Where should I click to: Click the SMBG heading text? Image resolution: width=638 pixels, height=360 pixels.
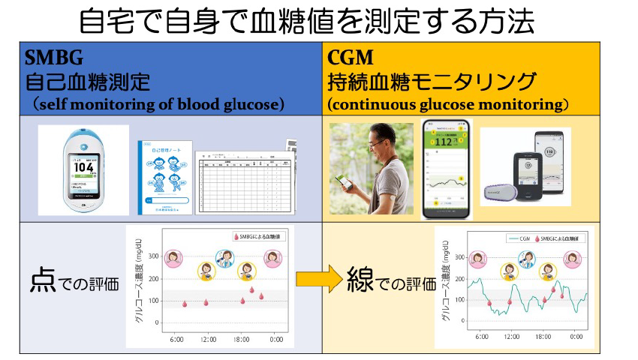click(x=55, y=58)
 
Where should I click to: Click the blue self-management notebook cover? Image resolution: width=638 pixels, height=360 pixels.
click(x=164, y=178)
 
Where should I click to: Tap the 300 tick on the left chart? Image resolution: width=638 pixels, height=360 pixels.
click(x=152, y=256)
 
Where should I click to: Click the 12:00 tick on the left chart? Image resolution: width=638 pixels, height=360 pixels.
click(x=207, y=339)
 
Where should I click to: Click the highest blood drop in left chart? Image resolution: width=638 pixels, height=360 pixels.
click(x=251, y=289)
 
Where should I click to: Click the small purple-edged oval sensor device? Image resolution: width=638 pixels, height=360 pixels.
click(x=499, y=194)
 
